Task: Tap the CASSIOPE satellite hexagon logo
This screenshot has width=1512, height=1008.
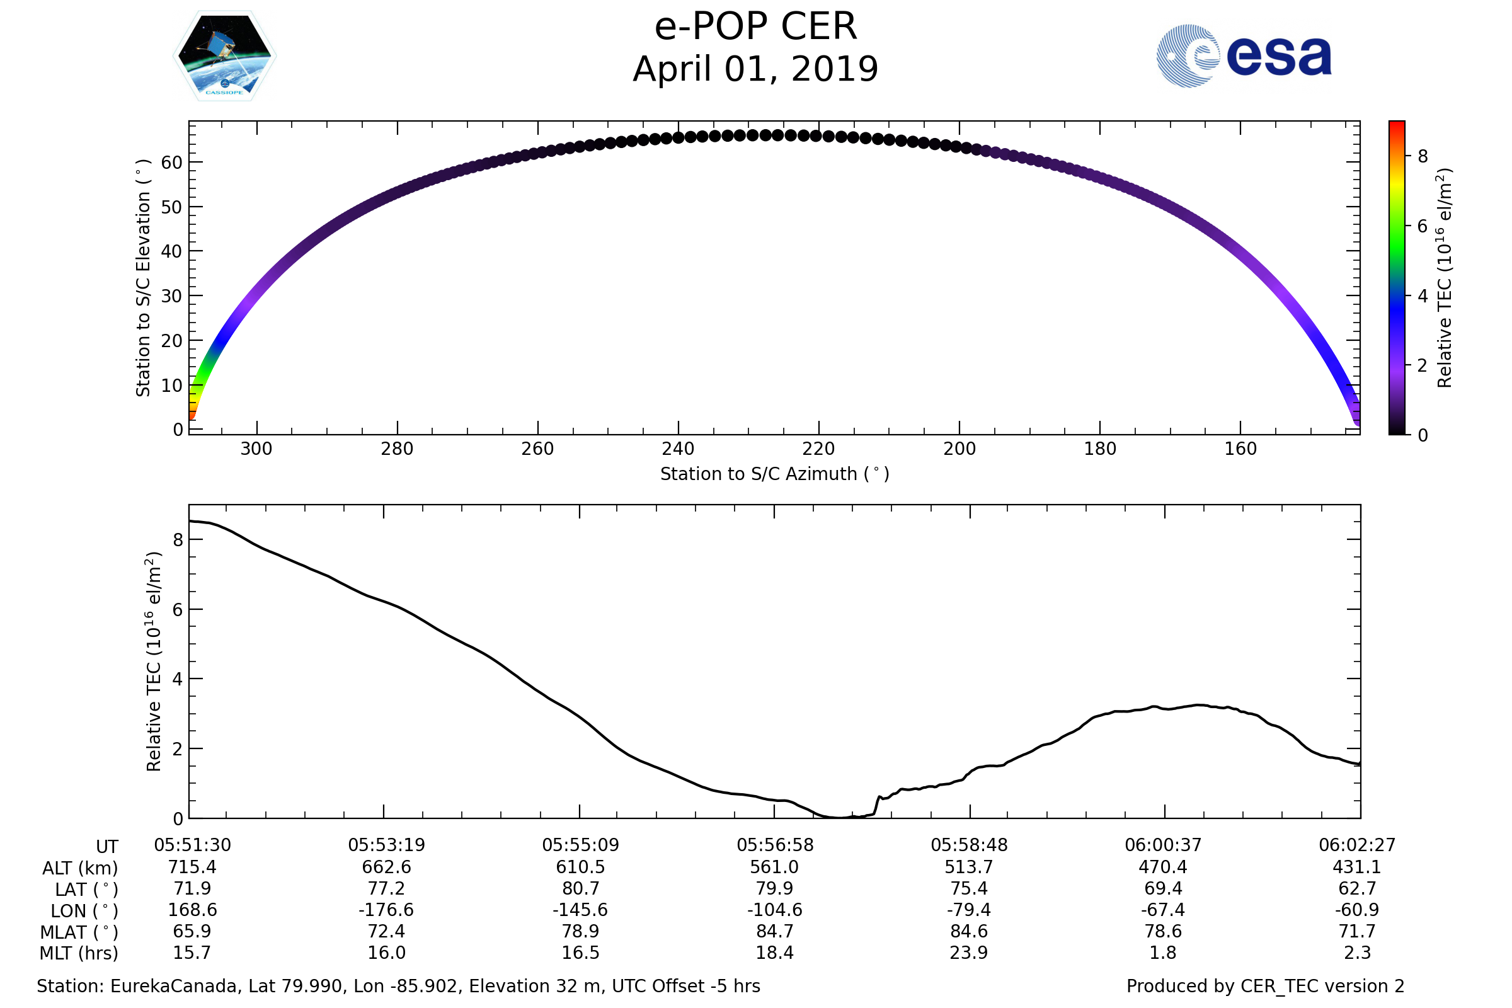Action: pos(224,56)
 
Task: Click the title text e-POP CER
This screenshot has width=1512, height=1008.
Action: pos(755,27)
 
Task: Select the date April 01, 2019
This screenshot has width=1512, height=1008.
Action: pos(755,69)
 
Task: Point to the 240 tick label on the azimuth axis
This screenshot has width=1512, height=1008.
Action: pos(678,449)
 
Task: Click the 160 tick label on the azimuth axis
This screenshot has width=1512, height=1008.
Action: pos(1240,449)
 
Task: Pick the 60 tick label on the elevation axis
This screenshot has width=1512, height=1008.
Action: pos(171,163)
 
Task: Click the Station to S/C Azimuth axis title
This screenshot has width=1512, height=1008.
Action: pos(775,474)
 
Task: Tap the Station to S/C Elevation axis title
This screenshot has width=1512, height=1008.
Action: pos(143,278)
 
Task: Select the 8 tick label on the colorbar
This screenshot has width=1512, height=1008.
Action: pos(1423,156)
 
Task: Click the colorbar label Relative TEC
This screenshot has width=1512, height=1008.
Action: pos(1444,278)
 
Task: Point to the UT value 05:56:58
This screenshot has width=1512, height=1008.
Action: pos(775,845)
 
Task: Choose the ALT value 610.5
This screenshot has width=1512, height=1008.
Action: pos(580,868)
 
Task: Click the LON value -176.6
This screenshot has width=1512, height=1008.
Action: pos(386,910)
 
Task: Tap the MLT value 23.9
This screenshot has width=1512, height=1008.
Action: pos(969,953)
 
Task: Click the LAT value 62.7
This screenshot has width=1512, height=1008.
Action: pos(1357,888)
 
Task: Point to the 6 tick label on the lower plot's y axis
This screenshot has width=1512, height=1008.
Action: pos(178,609)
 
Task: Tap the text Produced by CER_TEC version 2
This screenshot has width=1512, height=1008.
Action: pos(1265,986)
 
